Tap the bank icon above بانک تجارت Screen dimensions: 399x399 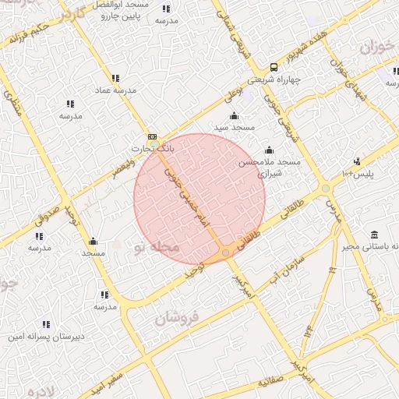click(152, 136)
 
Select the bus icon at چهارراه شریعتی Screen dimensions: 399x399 click(274, 67)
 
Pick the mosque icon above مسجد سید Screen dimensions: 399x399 click(234, 115)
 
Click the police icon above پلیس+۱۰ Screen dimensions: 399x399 click(357, 161)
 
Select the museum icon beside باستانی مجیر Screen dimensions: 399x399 click(375, 235)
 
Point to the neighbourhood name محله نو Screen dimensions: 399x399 click(156, 247)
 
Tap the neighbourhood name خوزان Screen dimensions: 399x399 click(379, 48)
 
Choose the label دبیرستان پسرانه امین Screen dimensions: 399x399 click(46, 337)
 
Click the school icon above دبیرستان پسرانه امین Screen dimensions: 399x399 click(46, 324)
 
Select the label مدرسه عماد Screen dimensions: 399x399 click(115, 90)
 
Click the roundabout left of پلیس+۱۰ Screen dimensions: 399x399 click(325, 188)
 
